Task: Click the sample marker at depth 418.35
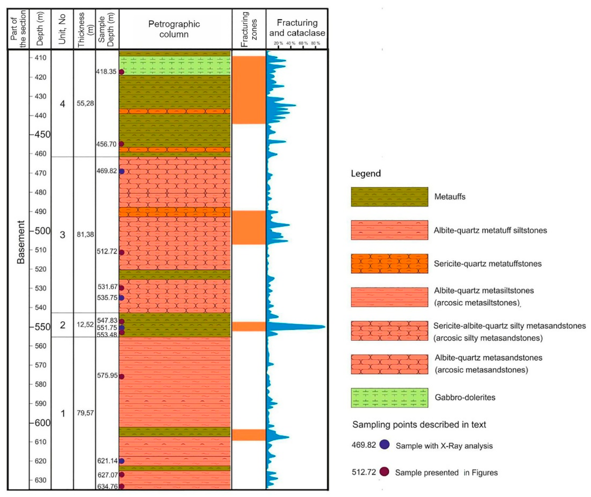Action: click(121, 72)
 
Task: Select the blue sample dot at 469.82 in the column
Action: click(121, 171)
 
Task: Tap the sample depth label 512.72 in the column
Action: click(107, 251)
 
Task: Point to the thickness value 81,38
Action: click(85, 234)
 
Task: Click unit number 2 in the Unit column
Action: click(63, 325)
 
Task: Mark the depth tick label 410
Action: click(41, 58)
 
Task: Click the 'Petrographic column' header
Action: click(174, 29)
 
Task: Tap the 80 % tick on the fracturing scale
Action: click(315, 44)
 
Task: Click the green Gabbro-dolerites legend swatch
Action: click(389, 398)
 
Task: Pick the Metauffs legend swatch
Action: click(389, 197)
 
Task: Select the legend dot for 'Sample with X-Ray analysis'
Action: click(384, 445)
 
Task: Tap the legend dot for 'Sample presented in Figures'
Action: click(384, 472)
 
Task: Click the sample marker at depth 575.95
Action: click(121, 376)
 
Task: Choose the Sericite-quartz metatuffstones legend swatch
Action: click(389, 264)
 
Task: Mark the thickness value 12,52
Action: click(85, 325)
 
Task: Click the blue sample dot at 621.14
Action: click(121, 461)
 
